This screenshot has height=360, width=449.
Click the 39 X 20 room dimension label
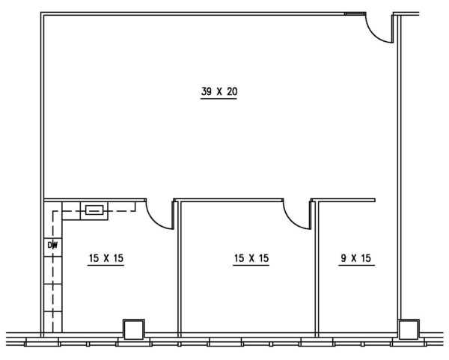[x=219, y=91]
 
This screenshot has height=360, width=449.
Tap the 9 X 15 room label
[x=356, y=258]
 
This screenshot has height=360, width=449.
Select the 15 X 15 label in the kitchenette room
[x=106, y=258]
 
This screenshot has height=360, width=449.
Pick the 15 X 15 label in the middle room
[x=251, y=258]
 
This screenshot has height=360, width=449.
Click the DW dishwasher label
[x=52, y=245]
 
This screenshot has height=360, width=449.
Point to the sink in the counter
[x=94, y=210]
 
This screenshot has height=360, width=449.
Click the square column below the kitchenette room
[x=134, y=329]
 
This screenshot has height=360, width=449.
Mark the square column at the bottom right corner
[x=409, y=329]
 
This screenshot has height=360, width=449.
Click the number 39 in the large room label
[x=207, y=91]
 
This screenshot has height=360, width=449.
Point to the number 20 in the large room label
[x=232, y=91]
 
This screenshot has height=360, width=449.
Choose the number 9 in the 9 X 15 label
[x=343, y=258]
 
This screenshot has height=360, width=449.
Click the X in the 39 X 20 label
[x=219, y=92]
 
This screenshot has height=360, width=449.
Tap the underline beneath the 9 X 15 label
[x=356, y=266]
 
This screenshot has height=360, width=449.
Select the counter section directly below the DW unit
[x=53, y=270]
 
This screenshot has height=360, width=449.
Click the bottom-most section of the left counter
[x=53, y=322]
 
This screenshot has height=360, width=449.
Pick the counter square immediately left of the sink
[x=71, y=211]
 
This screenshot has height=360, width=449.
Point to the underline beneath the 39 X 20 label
[x=219, y=99]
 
